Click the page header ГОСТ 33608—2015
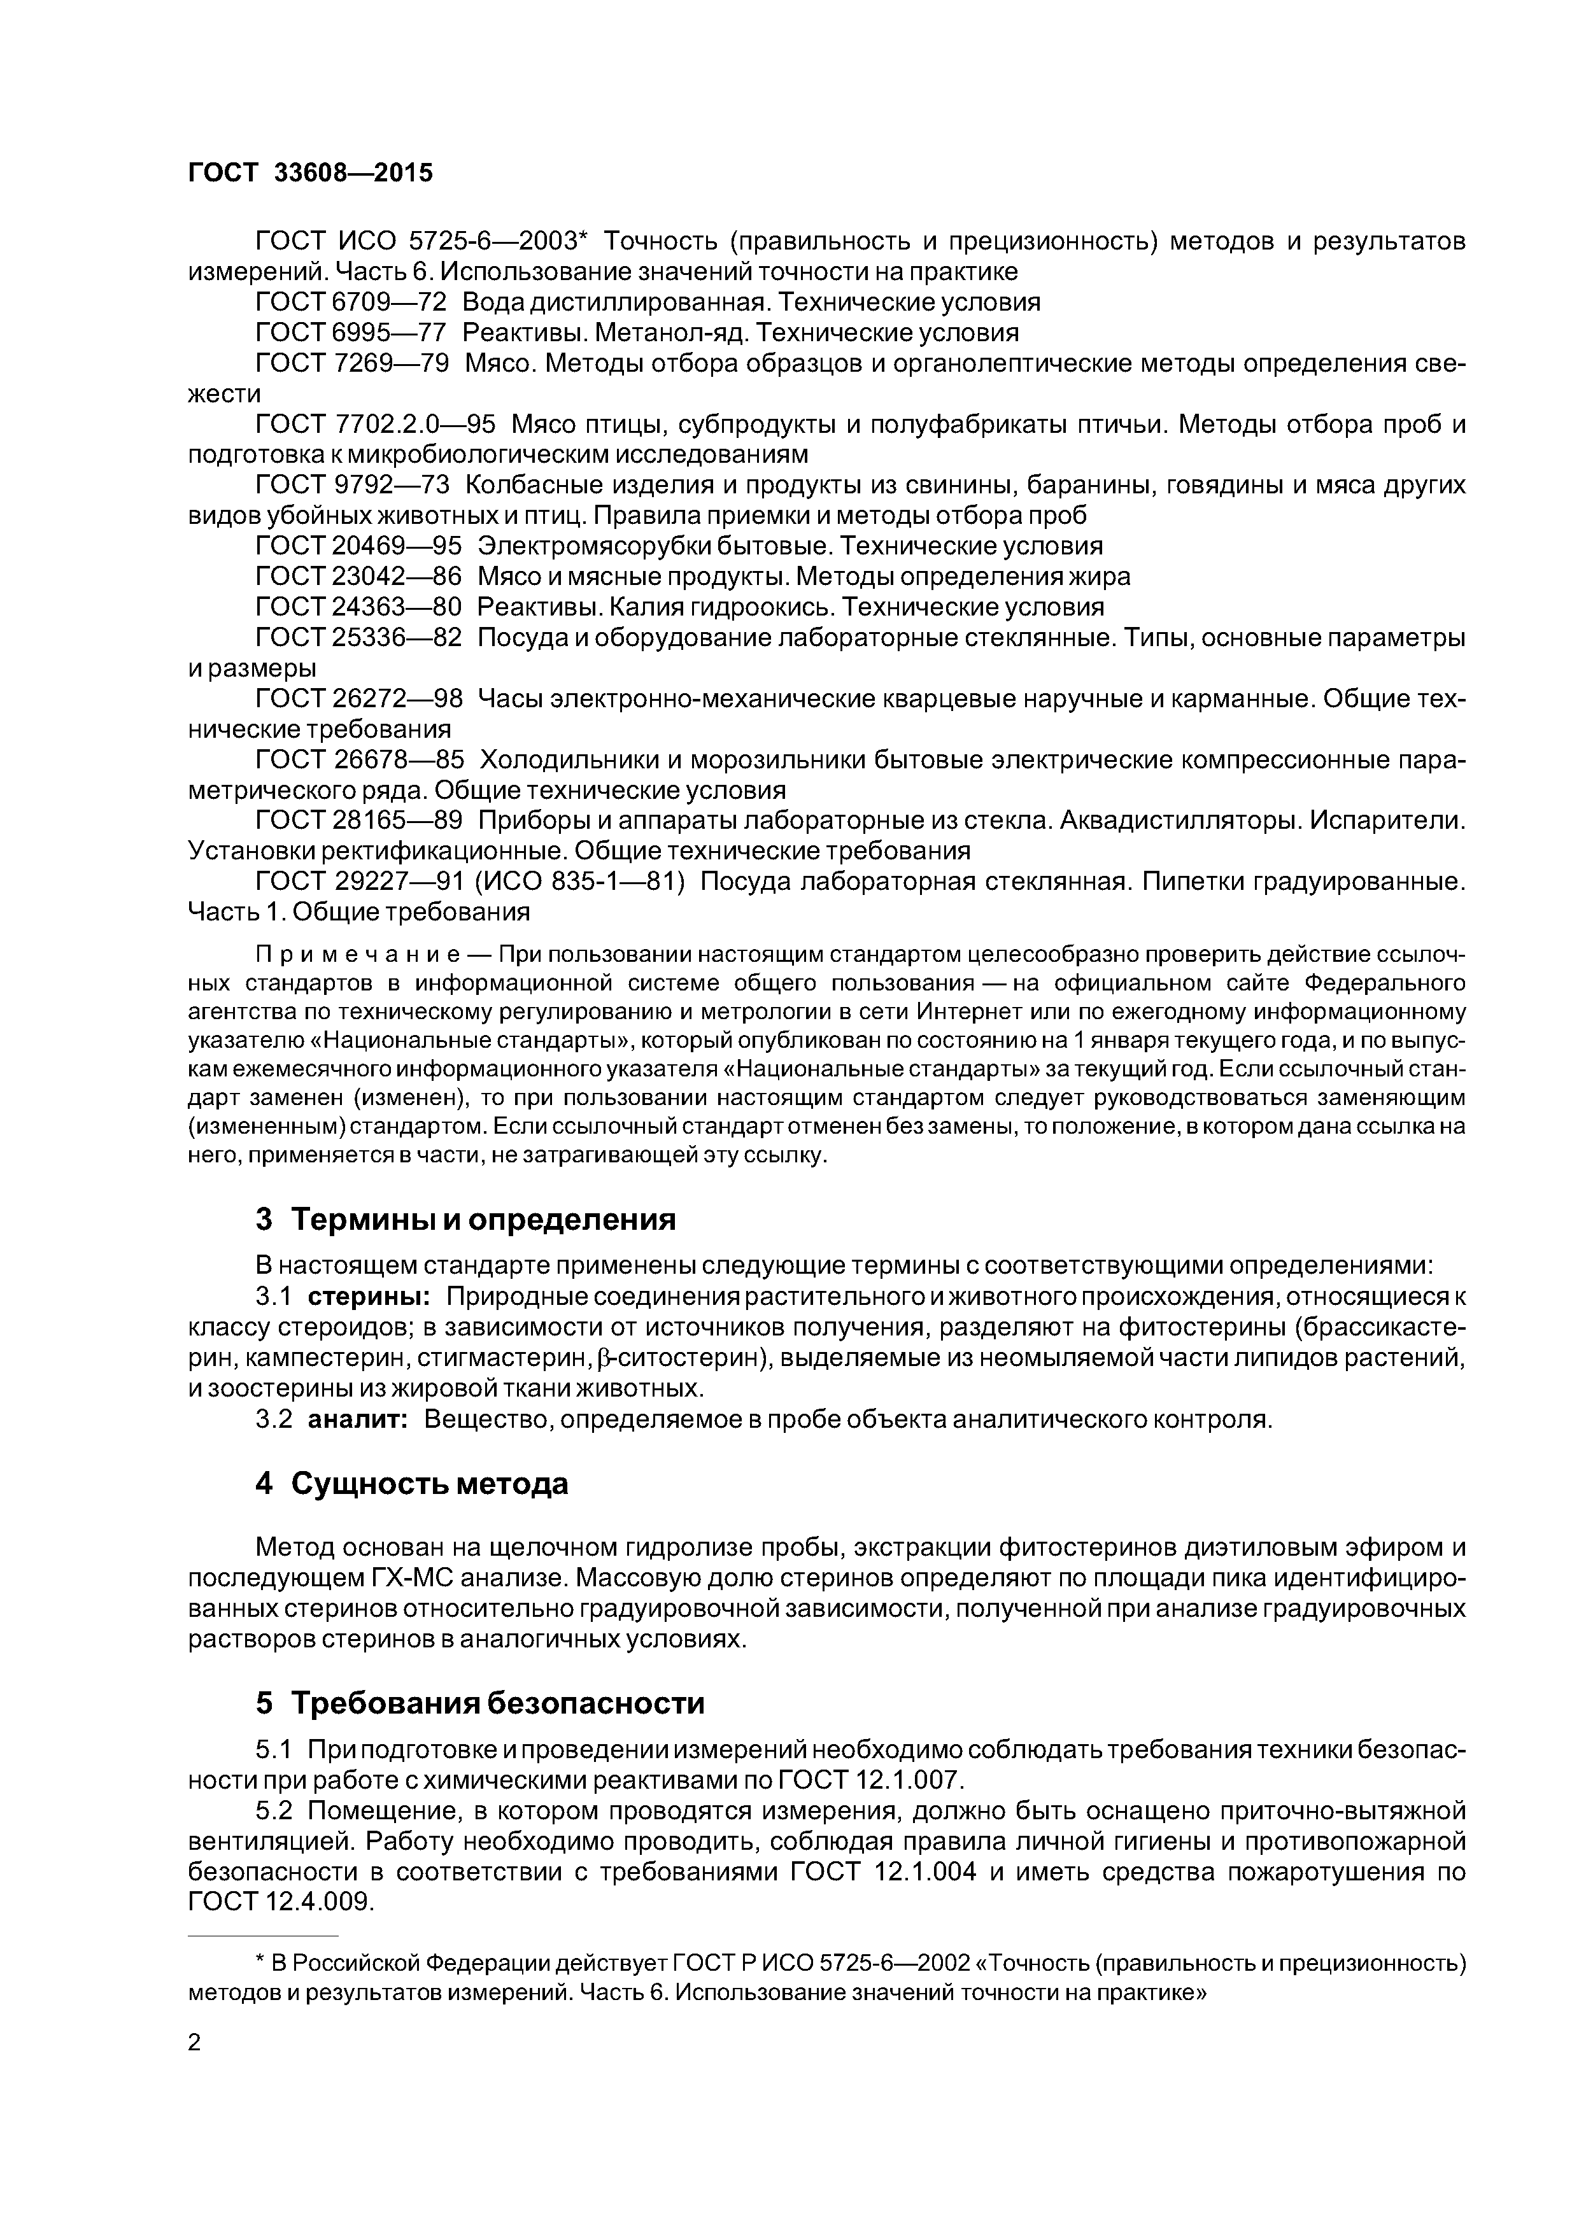pos(309,173)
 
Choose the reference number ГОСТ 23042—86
pos(358,577)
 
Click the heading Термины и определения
pos(483,1220)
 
